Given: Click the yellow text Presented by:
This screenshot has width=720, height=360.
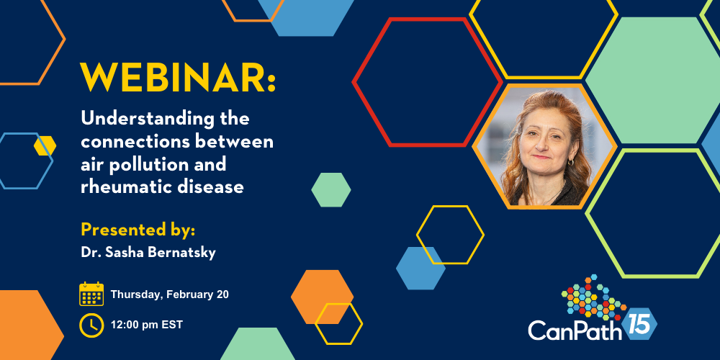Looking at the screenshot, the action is [x=138, y=230].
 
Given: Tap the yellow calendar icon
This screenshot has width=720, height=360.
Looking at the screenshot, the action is [x=91, y=294].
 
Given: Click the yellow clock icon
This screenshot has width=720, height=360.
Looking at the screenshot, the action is [x=91, y=325].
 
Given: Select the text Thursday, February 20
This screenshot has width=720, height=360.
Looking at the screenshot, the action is [x=169, y=294].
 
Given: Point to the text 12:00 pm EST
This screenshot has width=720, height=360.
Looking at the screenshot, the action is [x=146, y=325].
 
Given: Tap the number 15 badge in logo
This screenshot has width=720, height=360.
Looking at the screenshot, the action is [x=639, y=324].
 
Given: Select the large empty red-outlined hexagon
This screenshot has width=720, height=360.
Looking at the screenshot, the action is [x=427, y=82].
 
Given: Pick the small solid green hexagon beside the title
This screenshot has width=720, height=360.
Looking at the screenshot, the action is [x=331, y=189].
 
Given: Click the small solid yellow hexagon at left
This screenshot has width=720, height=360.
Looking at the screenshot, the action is [x=45, y=145].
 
